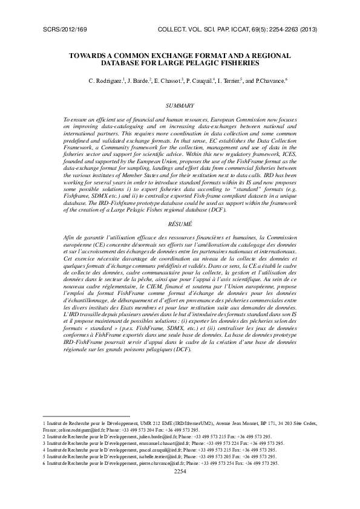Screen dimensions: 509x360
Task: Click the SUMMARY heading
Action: (180, 106)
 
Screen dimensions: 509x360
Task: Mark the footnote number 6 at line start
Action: (44, 463)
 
